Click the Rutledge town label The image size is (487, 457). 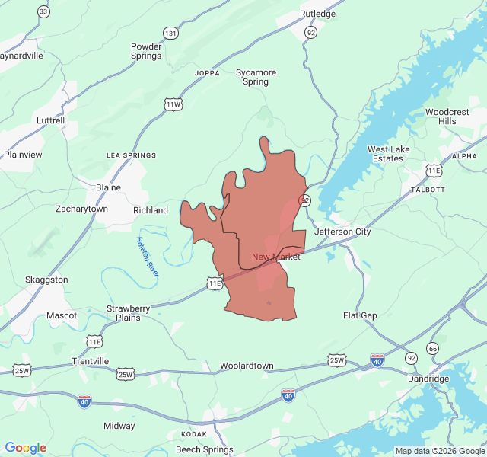(x=317, y=14)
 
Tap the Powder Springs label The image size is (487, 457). (x=146, y=51)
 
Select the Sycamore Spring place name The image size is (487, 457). (x=256, y=77)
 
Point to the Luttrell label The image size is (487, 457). (x=51, y=120)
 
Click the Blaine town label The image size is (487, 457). (x=108, y=187)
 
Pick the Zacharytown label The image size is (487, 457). (x=82, y=209)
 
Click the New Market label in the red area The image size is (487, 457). (x=275, y=257)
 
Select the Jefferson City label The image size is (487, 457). (x=342, y=232)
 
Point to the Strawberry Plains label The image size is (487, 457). (x=123, y=313)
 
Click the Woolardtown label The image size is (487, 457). (x=247, y=366)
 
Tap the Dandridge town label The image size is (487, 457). (x=428, y=379)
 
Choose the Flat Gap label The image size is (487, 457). (x=360, y=315)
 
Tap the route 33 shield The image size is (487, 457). (x=43, y=11)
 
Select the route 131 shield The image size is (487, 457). (x=170, y=34)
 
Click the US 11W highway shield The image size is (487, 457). (x=173, y=104)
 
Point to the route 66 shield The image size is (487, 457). (x=433, y=348)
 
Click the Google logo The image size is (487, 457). (x=26, y=448)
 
